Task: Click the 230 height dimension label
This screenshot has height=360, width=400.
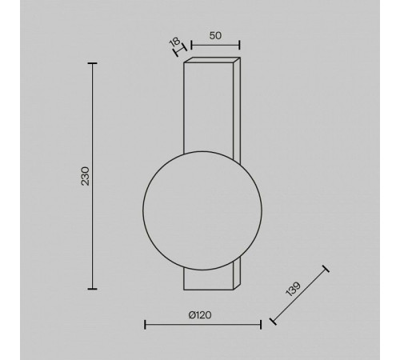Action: point(86,176)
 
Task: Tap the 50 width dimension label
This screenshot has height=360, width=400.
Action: point(215,35)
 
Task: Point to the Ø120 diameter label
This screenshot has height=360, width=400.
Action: point(200,315)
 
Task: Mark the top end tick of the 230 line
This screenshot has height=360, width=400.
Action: point(92,63)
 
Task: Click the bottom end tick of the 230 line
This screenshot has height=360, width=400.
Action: point(92,289)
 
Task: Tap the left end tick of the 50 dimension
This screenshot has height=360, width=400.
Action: point(191,45)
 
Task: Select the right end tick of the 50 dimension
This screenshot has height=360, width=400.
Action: point(239,45)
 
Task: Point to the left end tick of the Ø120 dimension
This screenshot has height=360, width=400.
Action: point(145,325)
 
